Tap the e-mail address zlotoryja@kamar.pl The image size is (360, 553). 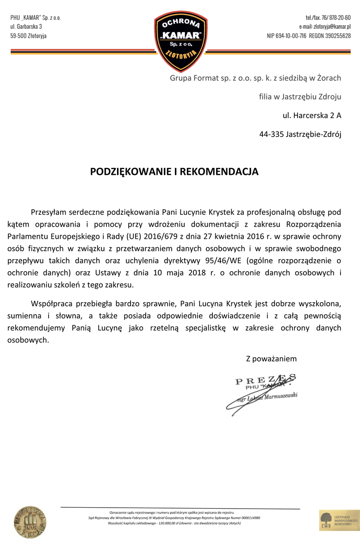325,26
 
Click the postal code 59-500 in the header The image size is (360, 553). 18,36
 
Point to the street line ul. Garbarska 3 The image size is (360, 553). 26,26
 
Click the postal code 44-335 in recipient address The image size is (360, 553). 271,135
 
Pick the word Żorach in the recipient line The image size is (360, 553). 329,78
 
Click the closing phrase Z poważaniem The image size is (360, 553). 271,359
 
